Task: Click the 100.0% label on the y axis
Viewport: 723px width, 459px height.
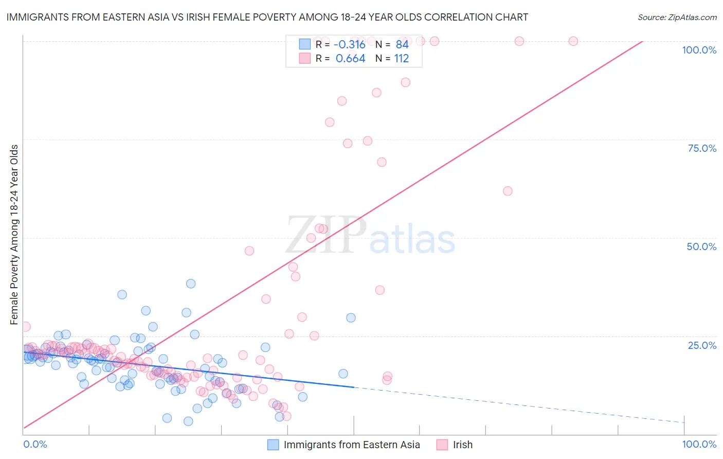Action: coord(699,50)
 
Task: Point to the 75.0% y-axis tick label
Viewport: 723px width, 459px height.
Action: coord(702,148)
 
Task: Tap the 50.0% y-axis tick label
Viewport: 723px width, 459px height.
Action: coord(701,246)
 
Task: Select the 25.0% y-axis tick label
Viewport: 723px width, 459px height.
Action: coord(702,345)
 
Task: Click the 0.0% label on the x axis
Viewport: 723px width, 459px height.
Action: coord(35,444)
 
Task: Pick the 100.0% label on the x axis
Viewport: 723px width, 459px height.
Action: coord(699,444)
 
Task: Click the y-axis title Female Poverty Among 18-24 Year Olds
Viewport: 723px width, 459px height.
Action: coord(14,235)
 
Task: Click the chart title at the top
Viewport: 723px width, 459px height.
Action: coord(267,17)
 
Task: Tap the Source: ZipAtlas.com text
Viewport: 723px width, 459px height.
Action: coord(677,17)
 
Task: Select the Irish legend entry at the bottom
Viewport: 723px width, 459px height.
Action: coord(462,445)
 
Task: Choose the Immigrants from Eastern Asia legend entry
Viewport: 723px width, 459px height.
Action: coord(351,445)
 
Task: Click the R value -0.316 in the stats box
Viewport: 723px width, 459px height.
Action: coord(350,44)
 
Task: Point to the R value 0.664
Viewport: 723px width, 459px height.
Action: coord(350,59)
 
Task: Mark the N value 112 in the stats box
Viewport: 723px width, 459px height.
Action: coord(401,59)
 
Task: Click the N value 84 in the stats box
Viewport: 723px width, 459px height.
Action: coord(402,44)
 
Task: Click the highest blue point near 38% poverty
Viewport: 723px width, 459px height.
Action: coord(191,284)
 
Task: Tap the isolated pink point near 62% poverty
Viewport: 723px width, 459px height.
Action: coord(508,191)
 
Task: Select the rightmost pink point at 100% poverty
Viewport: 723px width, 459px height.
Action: coord(573,41)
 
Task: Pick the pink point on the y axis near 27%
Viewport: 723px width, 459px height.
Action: coord(26,327)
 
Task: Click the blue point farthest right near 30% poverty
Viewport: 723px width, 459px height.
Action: coord(351,317)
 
